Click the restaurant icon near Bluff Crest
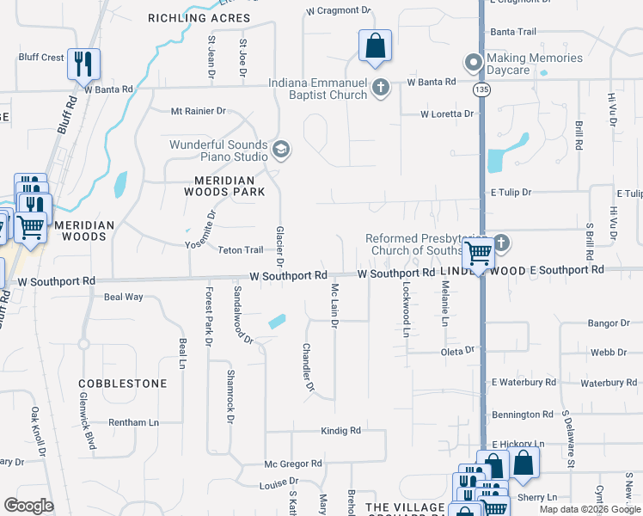click(x=83, y=64)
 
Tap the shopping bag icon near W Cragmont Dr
click(x=375, y=46)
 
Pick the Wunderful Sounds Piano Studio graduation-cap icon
click(x=280, y=151)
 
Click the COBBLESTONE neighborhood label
click(x=122, y=383)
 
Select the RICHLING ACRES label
click(x=199, y=18)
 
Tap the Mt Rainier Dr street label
click(x=198, y=111)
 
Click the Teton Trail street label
click(x=240, y=250)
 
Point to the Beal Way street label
click(x=123, y=297)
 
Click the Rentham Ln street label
click(x=133, y=422)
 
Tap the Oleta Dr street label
click(x=457, y=350)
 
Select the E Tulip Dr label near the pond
click(x=511, y=193)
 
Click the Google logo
click(x=29, y=506)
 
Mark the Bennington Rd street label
click(x=523, y=415)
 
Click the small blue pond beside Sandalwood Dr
click(x=277, y=322)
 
